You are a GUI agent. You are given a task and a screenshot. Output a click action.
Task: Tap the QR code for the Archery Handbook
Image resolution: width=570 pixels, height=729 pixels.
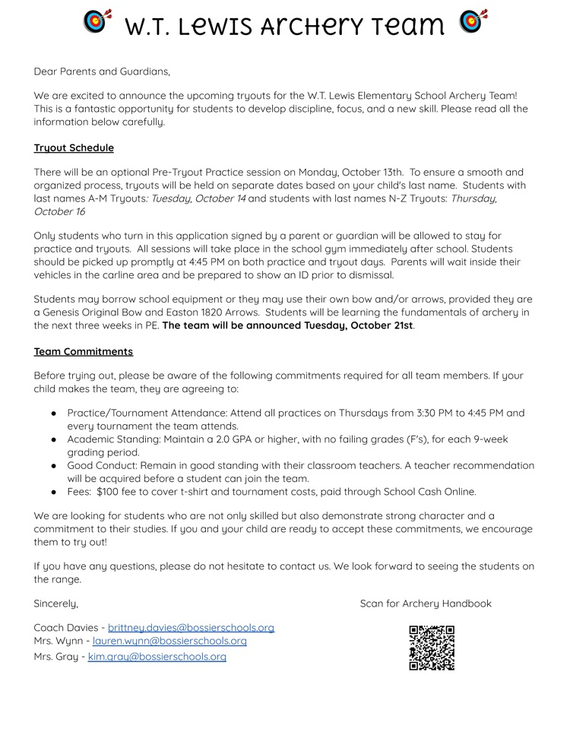point(432,648)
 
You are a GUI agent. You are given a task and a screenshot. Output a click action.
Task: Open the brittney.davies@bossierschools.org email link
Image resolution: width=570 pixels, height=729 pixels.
point(191,627)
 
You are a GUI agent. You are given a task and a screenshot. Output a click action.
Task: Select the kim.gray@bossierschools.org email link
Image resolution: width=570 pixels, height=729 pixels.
point(157,656)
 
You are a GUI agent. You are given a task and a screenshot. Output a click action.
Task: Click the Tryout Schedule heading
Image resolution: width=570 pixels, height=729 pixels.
point(74,147)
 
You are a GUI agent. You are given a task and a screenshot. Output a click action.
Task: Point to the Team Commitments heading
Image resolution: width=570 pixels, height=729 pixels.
point(84,351)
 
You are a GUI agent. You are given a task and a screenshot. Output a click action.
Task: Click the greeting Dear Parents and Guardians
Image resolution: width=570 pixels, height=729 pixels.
point(102,71)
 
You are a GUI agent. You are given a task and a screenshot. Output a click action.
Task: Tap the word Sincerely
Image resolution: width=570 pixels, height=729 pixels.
point(56,603)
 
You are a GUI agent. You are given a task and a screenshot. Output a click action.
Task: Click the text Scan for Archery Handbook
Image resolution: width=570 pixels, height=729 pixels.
point(426,603)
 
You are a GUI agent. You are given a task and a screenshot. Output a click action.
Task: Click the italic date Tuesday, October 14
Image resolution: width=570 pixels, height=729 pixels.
point(198,198)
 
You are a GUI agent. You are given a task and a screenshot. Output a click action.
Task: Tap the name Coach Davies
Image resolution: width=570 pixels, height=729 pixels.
point(66,627)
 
